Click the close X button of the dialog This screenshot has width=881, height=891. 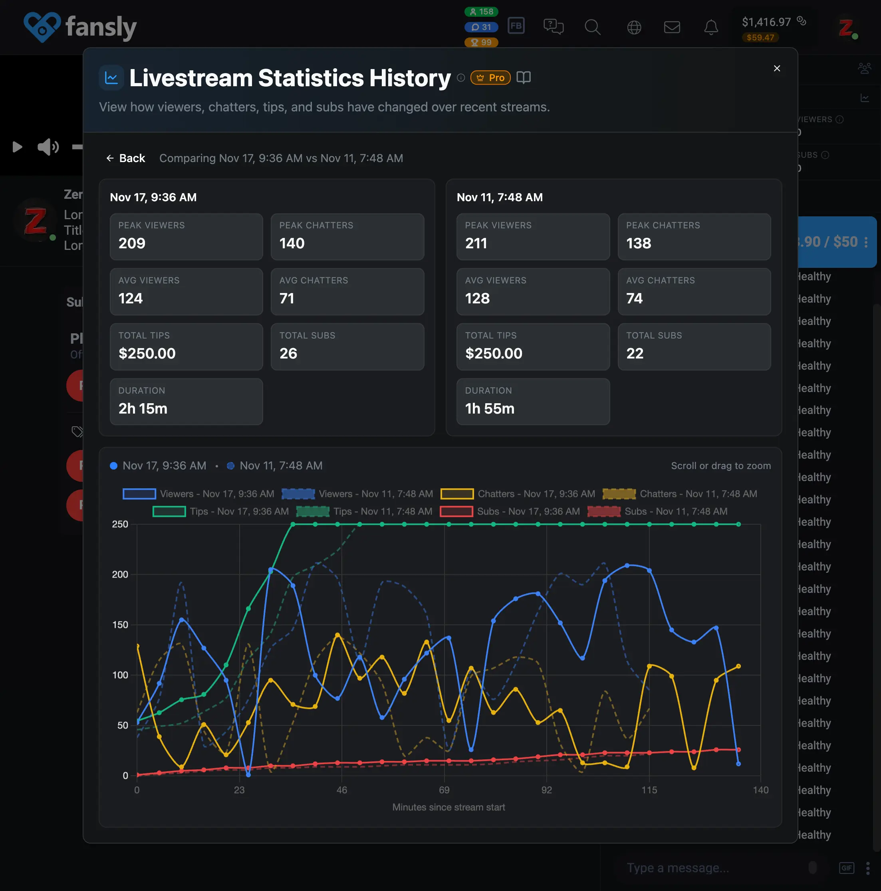tap(777, 68)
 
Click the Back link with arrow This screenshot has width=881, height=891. tap(125, 158)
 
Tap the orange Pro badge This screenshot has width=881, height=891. tap(490, 77)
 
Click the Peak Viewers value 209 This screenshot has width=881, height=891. tap(132, 243)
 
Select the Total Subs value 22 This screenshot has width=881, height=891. tap(635, 353)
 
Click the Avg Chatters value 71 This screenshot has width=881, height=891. tap(287, 298)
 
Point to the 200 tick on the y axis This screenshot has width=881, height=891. tap(120, 574)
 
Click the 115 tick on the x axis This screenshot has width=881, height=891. tap(649, 790)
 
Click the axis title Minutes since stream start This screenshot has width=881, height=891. tap(448, 807)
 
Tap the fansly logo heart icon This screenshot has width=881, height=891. tap(42, 27)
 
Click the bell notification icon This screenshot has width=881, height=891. tap(711, 27)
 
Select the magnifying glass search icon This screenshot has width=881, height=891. tap(592, 27)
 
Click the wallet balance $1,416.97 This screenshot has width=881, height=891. tap(766, 22)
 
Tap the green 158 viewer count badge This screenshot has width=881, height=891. tap(481, 12)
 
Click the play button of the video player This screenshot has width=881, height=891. tap(17, 147)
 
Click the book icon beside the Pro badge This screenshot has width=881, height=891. tap(523, 77)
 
